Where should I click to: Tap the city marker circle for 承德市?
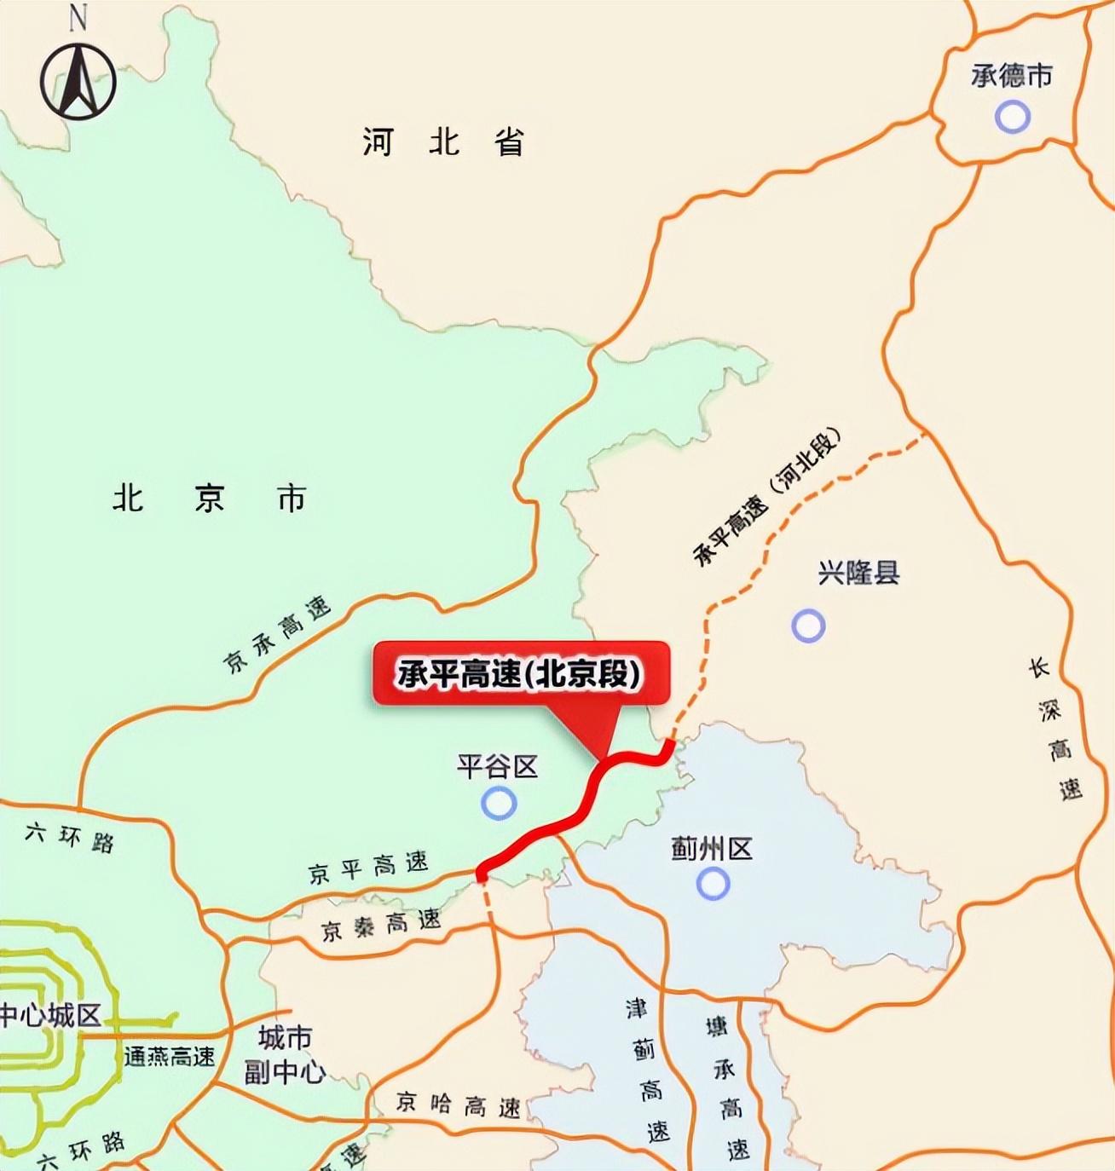click(x=1013, y=116)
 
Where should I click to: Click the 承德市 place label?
click(x=1012, y=76)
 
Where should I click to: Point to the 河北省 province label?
click(x=442, y=141)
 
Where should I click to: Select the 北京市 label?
click(x=210, y=499)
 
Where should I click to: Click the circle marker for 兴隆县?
click(x=808, y=626)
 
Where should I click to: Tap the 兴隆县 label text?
click(x=858, y=573)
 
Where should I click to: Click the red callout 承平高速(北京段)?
click(x=521, y=674)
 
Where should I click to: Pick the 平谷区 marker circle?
click(x=499, y=803)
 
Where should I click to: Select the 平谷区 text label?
click(x=498, y=766)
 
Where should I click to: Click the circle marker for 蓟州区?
click(x=713, y=884)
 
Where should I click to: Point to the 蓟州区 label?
click(x=712, y=849)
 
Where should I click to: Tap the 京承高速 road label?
click(x=277, y=634)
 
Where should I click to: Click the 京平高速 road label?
click(x=368, y=868)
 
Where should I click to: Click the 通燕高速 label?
click(x=170, y=1057)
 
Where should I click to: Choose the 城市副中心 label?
click(x=285, y=1054)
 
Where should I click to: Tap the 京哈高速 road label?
click(x=459, y=1105)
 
